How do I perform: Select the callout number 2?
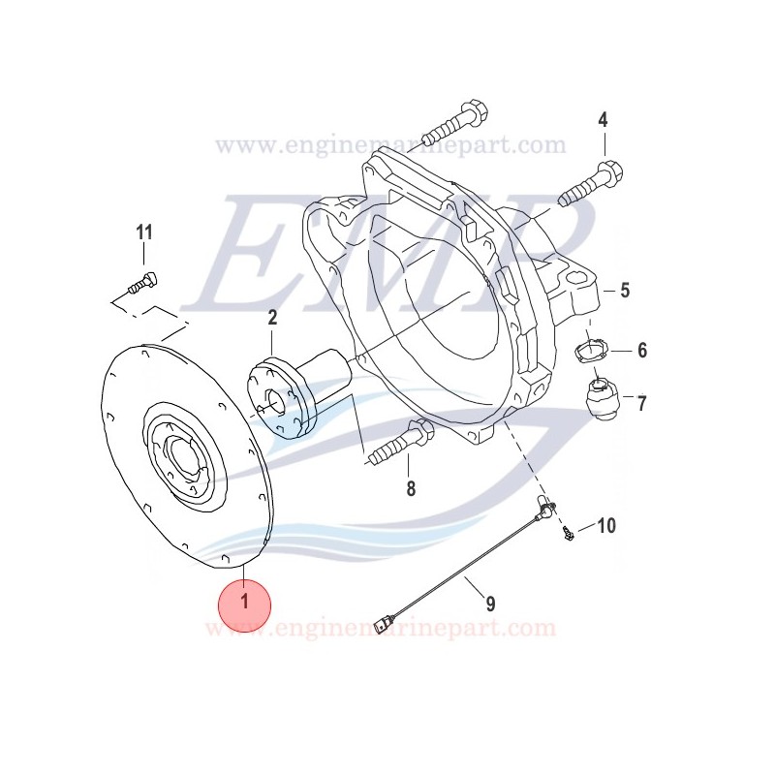(x=272, y=317)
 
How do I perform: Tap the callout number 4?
(x=603, y=120)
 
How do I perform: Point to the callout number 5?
(x=624, y=290)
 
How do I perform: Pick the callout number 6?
(x=641, y=351)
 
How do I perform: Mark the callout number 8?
(x=411, y=489)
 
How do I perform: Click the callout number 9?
(x=490, y=604)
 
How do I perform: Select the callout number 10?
(x=605, y=526)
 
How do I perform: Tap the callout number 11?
(x=144, y=232)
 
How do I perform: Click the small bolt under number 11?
(x=143, y=285)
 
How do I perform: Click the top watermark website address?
(x=390, y=146)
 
